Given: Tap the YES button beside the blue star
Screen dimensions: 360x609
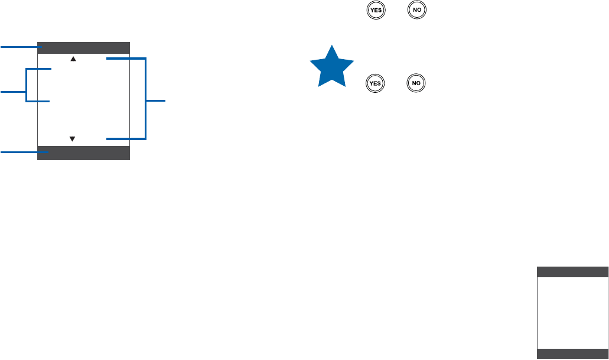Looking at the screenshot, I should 374,83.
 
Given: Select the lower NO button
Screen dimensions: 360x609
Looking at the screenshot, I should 416,83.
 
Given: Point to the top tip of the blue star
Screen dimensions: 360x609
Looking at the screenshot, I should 333,46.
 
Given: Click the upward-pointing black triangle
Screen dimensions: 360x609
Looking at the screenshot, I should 73,59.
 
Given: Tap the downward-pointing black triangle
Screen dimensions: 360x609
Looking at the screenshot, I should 73,139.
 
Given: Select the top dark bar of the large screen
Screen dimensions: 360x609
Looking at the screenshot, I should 83,48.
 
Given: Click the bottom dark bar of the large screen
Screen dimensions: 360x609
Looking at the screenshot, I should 83,153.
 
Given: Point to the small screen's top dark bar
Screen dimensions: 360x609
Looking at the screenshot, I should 572,272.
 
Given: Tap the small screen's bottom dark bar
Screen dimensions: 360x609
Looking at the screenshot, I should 572,353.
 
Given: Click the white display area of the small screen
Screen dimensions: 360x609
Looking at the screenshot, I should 572,313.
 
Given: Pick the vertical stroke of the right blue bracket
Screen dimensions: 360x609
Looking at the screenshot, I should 145,99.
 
